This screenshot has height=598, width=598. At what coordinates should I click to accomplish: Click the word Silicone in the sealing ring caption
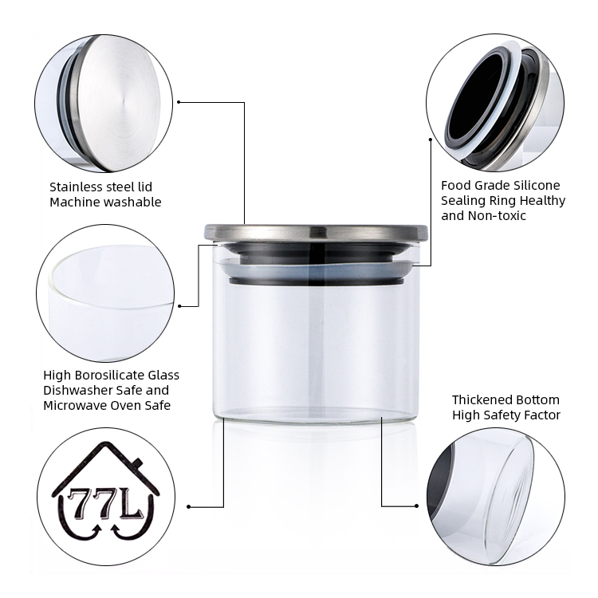click(x=537, y=185)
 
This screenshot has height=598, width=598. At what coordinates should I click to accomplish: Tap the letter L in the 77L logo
click(x=132, y=503)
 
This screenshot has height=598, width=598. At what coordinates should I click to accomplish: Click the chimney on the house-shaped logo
click(x=136, y=464)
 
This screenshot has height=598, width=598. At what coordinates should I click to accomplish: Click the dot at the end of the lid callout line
click(x=179, y=102)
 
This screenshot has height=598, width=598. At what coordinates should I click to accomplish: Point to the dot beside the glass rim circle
click(x=180, y=306)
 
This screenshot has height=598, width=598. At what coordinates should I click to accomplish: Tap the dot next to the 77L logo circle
click(x=188, y=507)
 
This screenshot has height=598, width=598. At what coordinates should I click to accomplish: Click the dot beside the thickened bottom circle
click(x=416, y=506)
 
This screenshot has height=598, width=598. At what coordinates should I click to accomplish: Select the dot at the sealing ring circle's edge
click(x=431, y=140)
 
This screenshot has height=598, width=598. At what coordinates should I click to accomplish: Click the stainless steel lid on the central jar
click(x=317, y=232)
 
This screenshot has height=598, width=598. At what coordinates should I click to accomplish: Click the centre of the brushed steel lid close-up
click(x=123, y=103)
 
